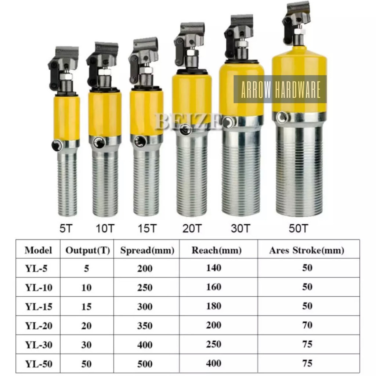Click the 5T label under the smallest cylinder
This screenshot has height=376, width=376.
click(x=66, y=228)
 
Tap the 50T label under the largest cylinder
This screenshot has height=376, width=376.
click(x=298, y=228)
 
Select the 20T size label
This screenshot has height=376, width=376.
click(x=192, y=228)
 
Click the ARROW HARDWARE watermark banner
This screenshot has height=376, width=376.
click(x=280, y=89)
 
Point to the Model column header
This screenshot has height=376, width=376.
click(x=38, y=250)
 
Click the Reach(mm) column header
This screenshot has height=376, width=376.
click(x=217, y=250)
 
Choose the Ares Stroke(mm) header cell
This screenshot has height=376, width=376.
click(x=307, y=250)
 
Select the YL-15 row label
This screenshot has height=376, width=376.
click(x=39, y=307)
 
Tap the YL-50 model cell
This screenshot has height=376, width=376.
click(x=39, y=364)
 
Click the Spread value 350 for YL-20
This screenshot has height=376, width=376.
click(x=145, y=326)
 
